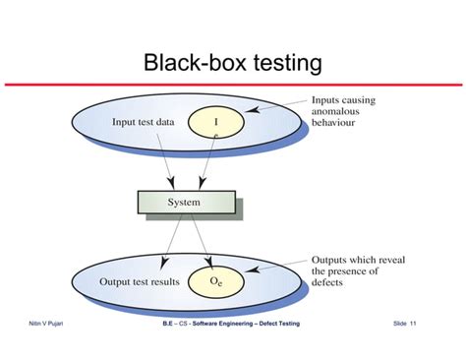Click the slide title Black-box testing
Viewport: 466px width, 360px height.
232,64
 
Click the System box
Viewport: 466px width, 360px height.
184,203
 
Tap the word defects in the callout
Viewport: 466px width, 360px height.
331,287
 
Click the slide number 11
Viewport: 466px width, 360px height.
413,324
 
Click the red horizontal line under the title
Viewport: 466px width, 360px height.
232,85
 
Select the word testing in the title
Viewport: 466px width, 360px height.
284,64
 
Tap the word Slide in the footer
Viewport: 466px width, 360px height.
398,324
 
